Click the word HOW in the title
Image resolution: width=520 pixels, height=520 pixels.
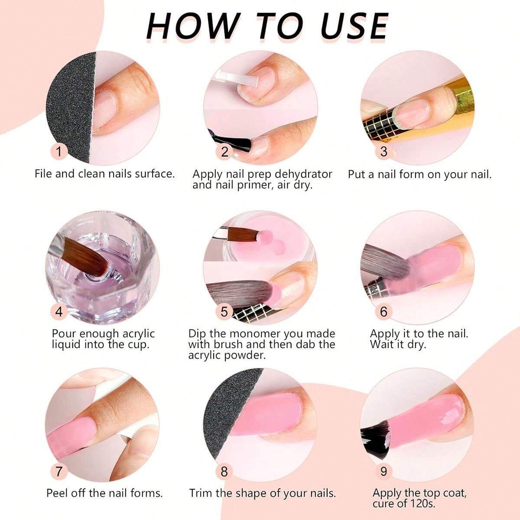click(190, 26)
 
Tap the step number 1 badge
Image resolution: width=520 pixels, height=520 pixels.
click(59, 151)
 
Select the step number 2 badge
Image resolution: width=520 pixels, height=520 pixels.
click(224, 151)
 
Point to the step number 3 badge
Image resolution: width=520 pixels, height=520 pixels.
click(384, 151)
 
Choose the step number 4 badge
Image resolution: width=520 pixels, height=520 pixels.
click(59, 312)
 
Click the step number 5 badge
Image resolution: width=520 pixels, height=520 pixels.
click(224, 312)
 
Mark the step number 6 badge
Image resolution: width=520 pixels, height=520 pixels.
click(384, 312)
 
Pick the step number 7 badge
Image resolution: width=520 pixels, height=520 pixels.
click(59, 471)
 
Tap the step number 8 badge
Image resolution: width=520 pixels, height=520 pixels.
click(224, 471)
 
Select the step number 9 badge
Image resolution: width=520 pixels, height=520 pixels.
click(384, 471)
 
